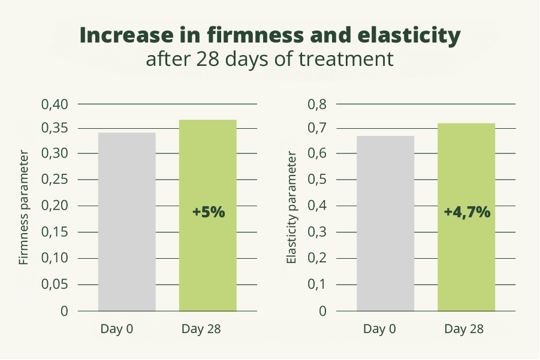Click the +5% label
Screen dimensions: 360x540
pyautogui.click(x=208, y=212)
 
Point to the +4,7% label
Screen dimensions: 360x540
pyautogui.click(x=467, y=212)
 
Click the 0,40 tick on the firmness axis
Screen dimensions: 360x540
pyautogui.click(x=55, y=104)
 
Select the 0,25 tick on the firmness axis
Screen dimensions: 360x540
pyautogui.click(x=55, y=180)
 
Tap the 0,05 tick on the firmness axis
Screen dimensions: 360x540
pyautogui.click(x=55, y=285)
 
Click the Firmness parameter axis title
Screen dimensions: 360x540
pyautogui.click(x=24, y=208)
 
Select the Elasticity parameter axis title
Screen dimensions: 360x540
pyautogui.click(x=292, y=208)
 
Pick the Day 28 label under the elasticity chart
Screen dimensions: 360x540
pyautogui.click(x=464, y=329)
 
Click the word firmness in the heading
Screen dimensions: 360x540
pyautogui.click(x=258, y=36)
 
